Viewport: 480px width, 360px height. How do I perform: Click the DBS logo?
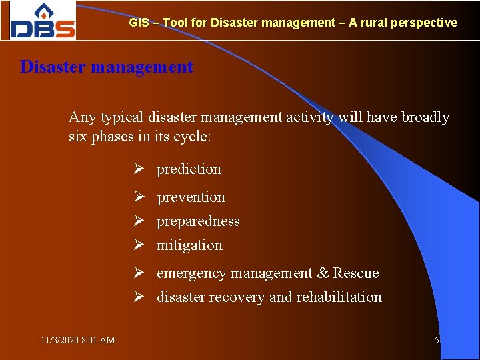coord(43,21)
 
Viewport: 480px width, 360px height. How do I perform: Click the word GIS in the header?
coord(139,23)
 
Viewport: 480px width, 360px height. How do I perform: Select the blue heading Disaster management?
coord(107,67)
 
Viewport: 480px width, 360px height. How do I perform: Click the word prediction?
coord(189,169)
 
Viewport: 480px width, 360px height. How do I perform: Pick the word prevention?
coord(191,197)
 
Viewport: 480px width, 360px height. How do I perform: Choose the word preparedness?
coord(198,221)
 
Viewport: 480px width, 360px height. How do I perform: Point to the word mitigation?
coord(189,245)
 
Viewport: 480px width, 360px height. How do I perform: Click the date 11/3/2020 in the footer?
coord(59,341)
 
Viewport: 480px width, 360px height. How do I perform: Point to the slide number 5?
coord(437,341)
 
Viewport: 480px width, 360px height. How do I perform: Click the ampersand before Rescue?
coord(323,273)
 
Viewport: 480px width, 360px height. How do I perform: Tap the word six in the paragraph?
coord(79,137)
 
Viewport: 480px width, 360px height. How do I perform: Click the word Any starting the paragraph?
coord(82,118)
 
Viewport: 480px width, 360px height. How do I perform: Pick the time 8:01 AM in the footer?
coord(98,341)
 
